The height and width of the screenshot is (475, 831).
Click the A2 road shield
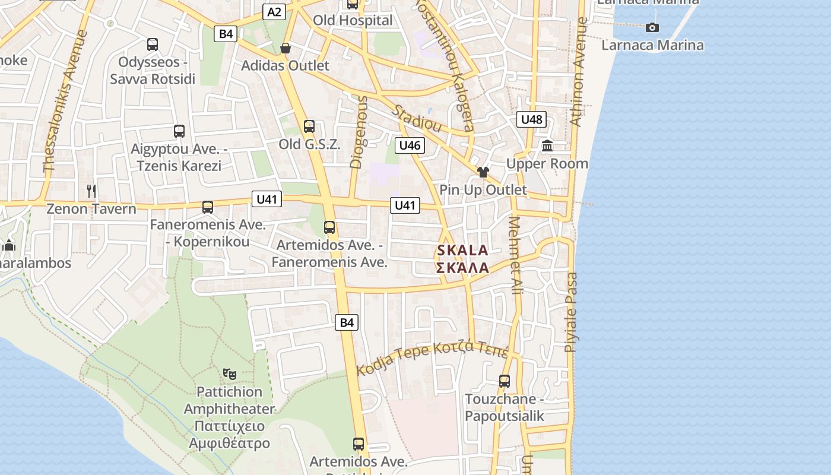tap(274, 11)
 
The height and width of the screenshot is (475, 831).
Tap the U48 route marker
tap(531, 119)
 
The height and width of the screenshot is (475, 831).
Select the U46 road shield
tap(410, 145)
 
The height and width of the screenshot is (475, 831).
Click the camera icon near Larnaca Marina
tap(652, 27)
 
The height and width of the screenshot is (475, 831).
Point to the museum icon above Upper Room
tap(547, 145)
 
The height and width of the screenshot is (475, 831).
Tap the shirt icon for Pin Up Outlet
tap(483, 172)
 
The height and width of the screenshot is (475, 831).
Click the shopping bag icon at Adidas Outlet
tap(286, 48)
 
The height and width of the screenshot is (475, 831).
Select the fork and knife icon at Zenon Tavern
tap(91, 191)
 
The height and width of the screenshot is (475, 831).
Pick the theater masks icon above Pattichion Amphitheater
tap(230, 373)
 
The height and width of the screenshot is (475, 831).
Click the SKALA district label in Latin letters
tap(462, 251)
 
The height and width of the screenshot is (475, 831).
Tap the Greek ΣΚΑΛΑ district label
tap(462, 268)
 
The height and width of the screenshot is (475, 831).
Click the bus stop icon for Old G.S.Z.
tap(309, 126)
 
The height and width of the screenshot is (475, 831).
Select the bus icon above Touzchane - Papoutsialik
tap(505, 381)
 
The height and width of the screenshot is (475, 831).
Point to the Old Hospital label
tap(353, 20)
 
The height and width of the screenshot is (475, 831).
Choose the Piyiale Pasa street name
tap(571, 312)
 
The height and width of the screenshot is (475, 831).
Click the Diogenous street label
tap(360, 132)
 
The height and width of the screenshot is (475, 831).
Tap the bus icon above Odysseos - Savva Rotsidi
tap(153, 44)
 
